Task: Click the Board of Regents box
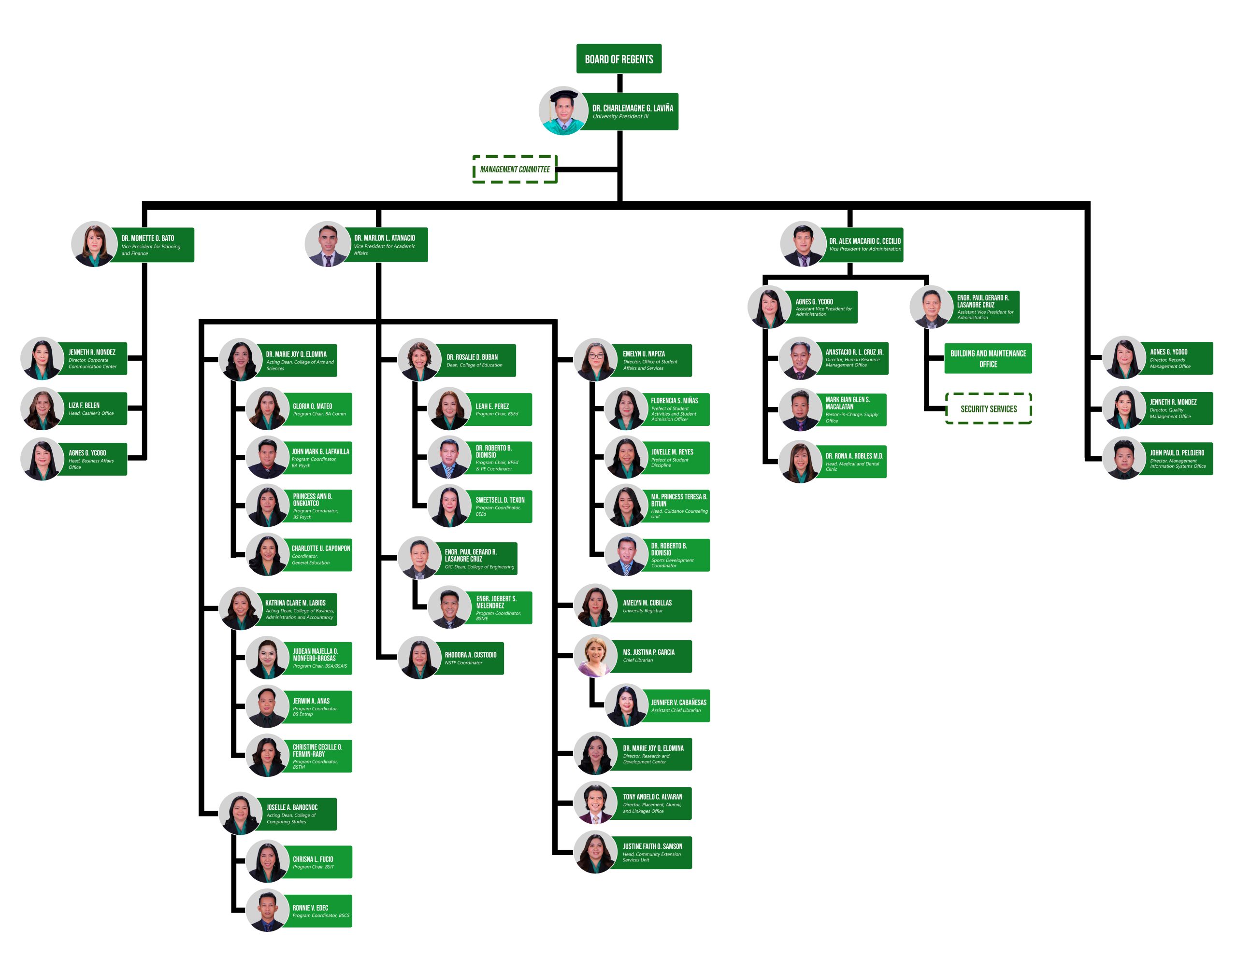[x=618, y=58]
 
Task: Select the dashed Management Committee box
[x=515, y=169]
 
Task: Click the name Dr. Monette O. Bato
[x=147, y=238]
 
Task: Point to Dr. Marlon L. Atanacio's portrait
[x=327, y=244]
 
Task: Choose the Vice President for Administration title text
[x=864, y=249]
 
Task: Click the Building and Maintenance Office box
[x=988, y=358]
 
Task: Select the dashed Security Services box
[x=988, y=409]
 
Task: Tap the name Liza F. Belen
[x=84, y=405]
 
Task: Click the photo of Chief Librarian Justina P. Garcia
[x=595, y=656]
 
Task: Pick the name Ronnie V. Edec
[x=310, y=908]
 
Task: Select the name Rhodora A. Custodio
[x=470, y=655]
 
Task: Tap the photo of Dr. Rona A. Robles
[x=800, y=462]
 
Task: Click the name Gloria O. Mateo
[x=312, y=407]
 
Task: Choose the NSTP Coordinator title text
[x=463, y=663]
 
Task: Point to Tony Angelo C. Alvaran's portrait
[x=595, y=802]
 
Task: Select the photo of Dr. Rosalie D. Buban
[x=419, y=359]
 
